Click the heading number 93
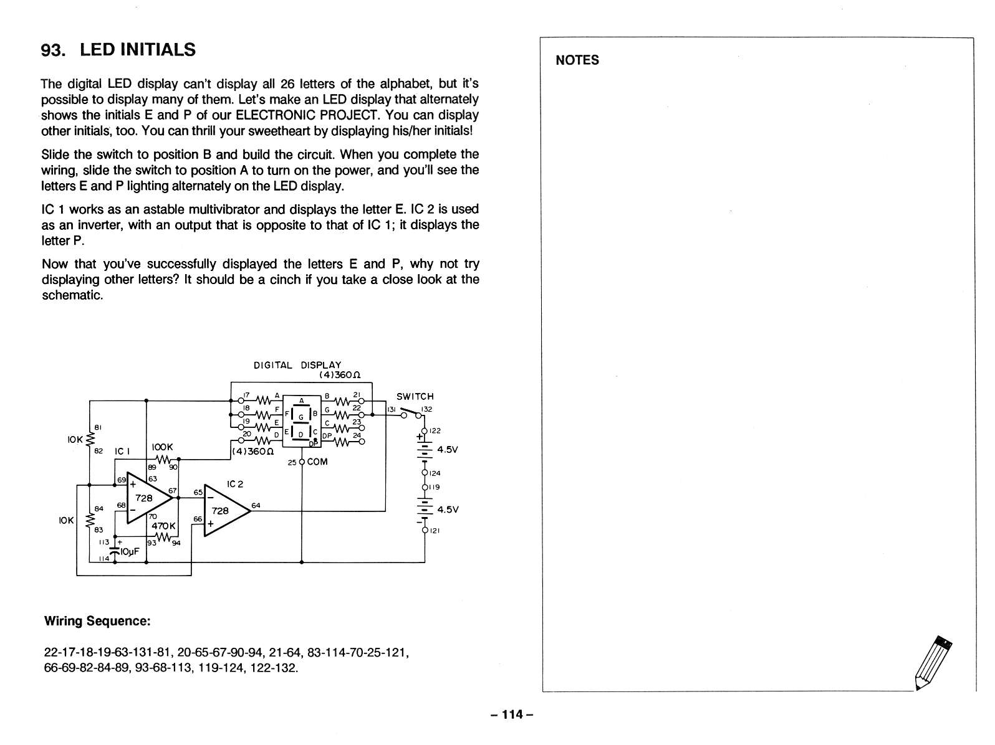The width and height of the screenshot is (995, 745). coord(53,50)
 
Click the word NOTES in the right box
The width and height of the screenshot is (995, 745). coord(577,60)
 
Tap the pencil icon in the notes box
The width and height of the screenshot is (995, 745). coord(933,663)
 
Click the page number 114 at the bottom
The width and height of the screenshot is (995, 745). coord(512,714)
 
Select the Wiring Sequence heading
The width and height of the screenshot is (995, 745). coord(97,620)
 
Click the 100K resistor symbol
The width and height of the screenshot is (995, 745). coord(163,460)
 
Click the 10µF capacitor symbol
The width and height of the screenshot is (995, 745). coord(115,550)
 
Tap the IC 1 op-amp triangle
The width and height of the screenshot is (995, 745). coord(148,498)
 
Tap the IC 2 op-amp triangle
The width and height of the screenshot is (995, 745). coord(226,510)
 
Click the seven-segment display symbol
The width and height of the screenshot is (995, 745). coord(302,420)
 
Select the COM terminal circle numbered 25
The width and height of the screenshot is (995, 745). coord(302,462)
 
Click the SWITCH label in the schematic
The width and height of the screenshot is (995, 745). coord(415,396)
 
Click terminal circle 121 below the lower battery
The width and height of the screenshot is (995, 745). coord(425,530)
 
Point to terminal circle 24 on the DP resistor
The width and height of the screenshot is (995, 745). coord(362,442)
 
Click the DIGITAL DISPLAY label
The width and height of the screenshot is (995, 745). coord(297,365)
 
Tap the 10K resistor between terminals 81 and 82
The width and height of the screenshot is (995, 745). coord(90,439)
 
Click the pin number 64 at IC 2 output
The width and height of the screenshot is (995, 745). coord(256,505)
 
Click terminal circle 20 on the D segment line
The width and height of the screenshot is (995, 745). coord(241,440)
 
